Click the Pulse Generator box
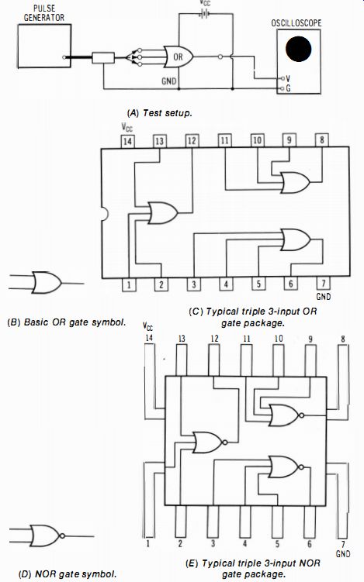pos(44,46)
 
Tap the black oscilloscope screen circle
pos(299,49)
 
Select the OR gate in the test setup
pos(179,57)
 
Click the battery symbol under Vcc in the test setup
pos(204,14)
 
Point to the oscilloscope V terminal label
pos(288,79)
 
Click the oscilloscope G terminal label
pos(288,88)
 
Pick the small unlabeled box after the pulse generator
pos(103,57)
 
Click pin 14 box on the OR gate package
pos(127,141)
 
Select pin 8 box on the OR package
pos(321,140)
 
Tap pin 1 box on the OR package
pos(129,284)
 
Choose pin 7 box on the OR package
pos(324,283)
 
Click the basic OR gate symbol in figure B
pos(47,282)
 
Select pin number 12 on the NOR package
pos(214,339)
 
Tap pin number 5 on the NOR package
pos(277,543)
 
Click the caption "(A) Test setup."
pos(160,113)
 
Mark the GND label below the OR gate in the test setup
pos(168,81)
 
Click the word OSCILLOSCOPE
pos(296,23)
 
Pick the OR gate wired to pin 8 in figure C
pos(296,183)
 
